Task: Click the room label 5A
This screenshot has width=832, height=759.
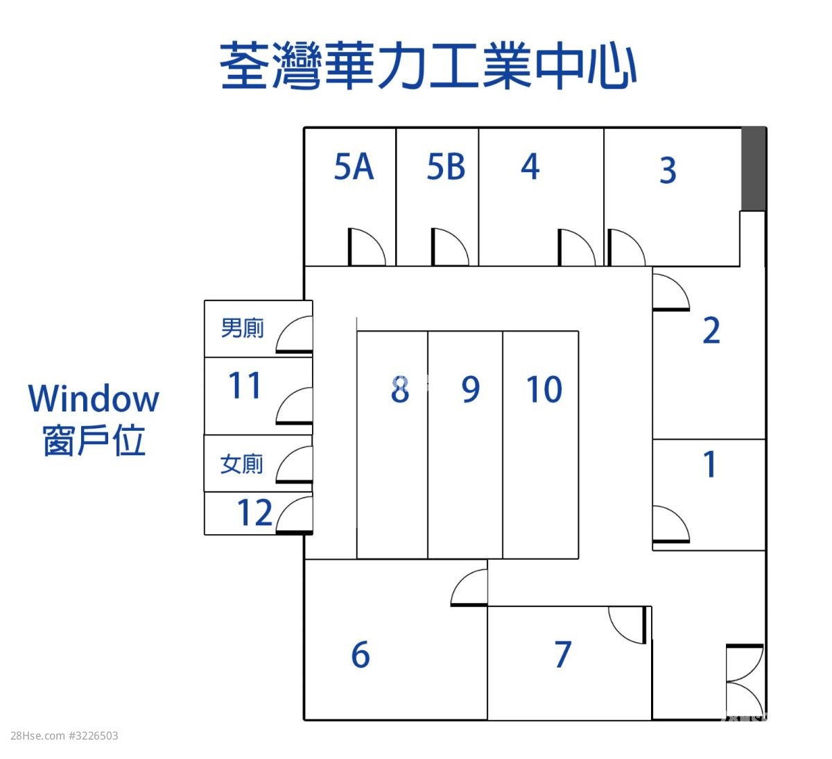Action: tap(354, 167)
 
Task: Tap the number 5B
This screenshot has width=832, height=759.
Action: tap(446, 167)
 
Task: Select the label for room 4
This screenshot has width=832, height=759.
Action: tap(530, 167)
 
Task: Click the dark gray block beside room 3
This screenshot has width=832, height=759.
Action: tap(753, 169)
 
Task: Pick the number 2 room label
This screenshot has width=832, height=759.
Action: tap(711, 330)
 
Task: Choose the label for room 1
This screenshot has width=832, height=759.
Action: tap(710, 463)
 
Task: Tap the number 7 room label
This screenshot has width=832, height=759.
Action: tap(563, 654)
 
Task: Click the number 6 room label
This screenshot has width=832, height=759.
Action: tap(361, 654)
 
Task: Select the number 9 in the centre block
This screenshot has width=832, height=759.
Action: tap(471, 389)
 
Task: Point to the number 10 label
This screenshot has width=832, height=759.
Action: tap(544, 389)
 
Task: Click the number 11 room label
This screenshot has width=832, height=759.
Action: tap(245, 385)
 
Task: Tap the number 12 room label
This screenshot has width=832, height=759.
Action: tap(254, 513)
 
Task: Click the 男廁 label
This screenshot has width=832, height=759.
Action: tap(242, 328)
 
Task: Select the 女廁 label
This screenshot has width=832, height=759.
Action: tap(241, 464)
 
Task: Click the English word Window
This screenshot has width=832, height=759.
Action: tap(94, 399)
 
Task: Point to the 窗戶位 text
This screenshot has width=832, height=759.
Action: tap(94, 440)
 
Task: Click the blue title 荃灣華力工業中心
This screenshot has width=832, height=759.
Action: tap(428, 65)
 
